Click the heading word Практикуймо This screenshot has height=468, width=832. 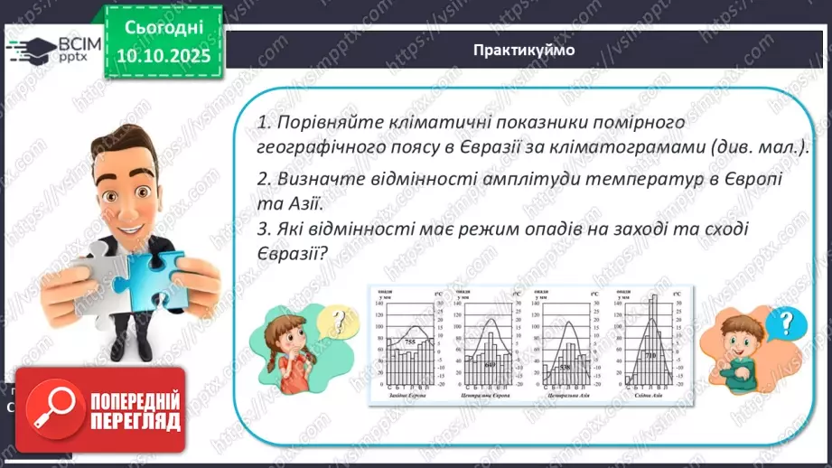click(x=523, y=50)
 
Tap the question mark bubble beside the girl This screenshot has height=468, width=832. click(x=340, y=319)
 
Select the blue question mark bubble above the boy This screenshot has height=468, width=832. click(x=790, y=322)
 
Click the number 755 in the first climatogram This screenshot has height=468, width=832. click(x=409, y=342)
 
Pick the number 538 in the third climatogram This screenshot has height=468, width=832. click(x=565, y=368)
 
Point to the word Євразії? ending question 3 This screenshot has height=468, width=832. click(x=291, y=254)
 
